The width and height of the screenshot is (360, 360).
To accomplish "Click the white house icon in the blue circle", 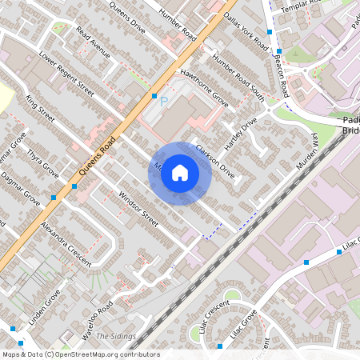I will pos(180,173).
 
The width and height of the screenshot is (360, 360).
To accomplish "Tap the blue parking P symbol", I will pos(164,102).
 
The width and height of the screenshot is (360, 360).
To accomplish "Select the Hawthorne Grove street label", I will pos(205,88).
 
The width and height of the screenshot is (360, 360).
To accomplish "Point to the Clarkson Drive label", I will pos(215,160).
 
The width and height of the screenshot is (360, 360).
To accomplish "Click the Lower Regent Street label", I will pos(66,79).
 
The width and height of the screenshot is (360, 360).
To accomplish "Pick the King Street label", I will pos(40,108).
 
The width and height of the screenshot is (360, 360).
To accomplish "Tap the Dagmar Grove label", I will pos(20,187).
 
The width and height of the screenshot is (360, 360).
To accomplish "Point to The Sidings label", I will pos(116,336).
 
